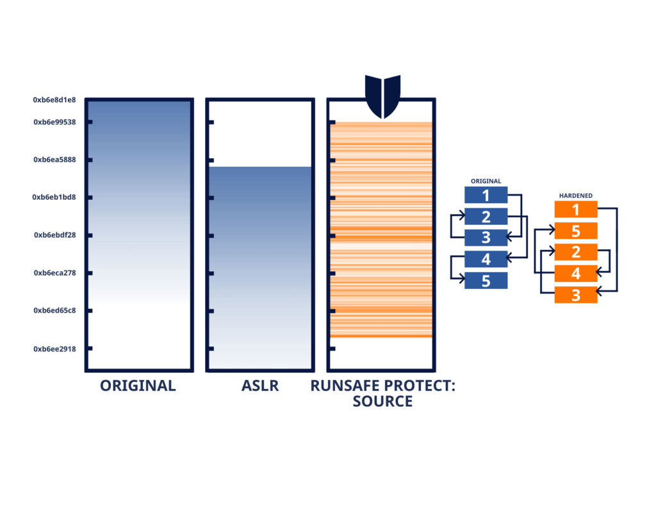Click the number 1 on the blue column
[x=486, y=195]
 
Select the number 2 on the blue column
[x=486, y=217]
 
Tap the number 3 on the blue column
[x=486, y=238]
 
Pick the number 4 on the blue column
[x=486, y=259]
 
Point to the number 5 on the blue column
[x=486, y=281]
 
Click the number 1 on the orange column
[x=575, y=210]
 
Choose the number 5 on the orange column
[x=575, y=231]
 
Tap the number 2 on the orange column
[x=575, y=252]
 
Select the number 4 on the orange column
[x=575, y=274]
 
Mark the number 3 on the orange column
[x=575, y=295]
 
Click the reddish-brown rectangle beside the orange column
[x=607, y=229]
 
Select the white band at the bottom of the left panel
[x=139, y=334]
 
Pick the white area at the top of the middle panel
[x=260, y=133]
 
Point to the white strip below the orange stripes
[x=381, y=352]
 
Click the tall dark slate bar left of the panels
[x=58, y=234]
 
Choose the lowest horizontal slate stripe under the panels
[x=328, y=401]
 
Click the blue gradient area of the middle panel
[x=260, y=256]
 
